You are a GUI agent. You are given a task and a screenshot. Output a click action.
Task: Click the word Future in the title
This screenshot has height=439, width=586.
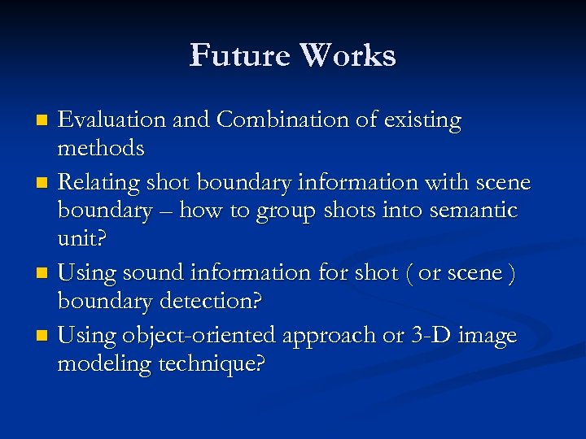pos(239,55)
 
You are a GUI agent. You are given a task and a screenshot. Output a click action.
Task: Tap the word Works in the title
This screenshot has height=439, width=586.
pos(348,55)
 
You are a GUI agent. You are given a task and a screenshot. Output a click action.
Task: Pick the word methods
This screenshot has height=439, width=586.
pos(101,148)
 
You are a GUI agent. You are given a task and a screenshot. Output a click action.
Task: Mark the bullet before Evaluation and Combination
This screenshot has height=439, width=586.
pos(44,121)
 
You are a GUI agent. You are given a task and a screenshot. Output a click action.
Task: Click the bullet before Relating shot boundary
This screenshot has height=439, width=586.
pos(44,182)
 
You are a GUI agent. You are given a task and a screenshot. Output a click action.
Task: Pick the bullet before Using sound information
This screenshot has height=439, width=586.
pos(44,274)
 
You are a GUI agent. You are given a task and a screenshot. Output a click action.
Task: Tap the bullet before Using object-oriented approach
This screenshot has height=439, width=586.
pos(44,336)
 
